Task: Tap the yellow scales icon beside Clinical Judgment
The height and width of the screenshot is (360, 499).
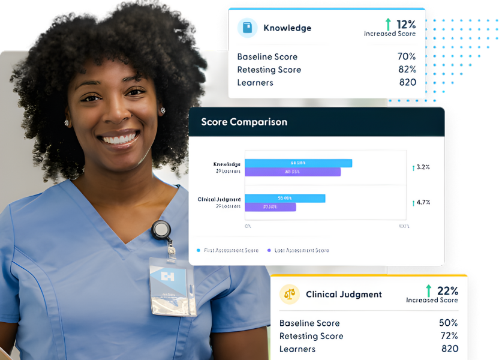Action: pos(290,294)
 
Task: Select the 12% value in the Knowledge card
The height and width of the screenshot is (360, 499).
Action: pos(406,25)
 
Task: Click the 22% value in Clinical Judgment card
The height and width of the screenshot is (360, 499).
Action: pos(448,291)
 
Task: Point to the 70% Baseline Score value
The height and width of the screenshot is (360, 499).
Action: pos(407,56)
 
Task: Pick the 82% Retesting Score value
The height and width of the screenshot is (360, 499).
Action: pos(407,70)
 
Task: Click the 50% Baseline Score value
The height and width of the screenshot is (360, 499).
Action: pos(449,323)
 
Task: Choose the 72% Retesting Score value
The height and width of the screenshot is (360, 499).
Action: pos(449,336)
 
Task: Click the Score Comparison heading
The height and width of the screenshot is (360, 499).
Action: pos(244,122)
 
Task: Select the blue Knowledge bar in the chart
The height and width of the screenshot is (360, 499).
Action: pos(298,163)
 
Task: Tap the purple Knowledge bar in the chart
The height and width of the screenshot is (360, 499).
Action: pos(292,172)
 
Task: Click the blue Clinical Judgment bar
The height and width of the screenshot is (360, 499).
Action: pos(285,199)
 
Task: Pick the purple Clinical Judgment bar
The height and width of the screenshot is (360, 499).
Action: pos(270,207)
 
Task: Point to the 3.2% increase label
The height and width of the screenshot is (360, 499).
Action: pos(421,167)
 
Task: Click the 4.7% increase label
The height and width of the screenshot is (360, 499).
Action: pos(421,202)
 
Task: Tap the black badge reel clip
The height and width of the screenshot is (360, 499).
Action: pos(161,230)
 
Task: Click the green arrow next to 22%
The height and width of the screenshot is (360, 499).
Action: pos(428,291)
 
